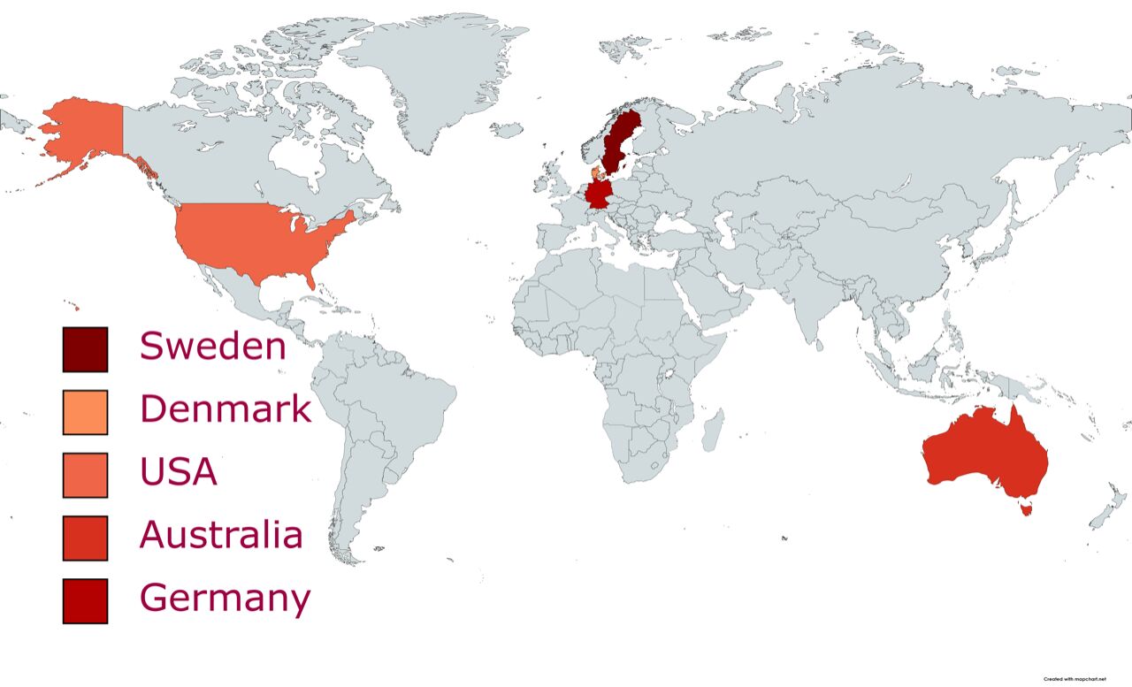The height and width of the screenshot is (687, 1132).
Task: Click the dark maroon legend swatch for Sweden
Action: tap(85, 349)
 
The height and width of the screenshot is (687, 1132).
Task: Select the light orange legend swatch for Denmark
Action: tap(85, 412)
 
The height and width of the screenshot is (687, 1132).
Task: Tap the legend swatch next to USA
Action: tap(85, 475)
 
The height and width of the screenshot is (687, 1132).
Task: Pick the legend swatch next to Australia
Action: tap(85, 538)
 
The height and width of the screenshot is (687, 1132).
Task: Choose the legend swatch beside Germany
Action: tap(85, 600)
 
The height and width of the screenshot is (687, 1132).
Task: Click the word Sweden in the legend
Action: tap(213, 346)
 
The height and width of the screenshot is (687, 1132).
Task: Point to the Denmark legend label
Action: tap(226, 408)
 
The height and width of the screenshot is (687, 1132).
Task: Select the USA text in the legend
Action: tap(178, 471)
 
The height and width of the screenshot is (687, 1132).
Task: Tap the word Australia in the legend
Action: tap(221, 534)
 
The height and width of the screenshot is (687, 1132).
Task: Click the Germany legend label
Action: tap(226, 599)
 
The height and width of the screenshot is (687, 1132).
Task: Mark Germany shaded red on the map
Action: tap(598, 195)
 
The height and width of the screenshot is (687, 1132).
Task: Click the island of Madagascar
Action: tap(713, 431)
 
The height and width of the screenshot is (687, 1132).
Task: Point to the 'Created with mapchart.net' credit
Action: tap(1075, 678)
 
